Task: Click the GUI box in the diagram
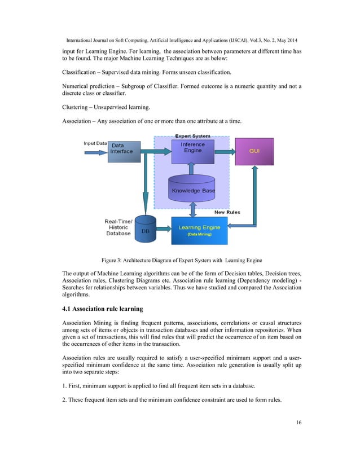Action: tap(254, 152)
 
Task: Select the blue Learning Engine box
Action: tap(199, 230)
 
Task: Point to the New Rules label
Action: tap(227, 212)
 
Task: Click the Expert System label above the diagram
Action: tap(192, 136)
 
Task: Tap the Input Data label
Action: tap(95, 144)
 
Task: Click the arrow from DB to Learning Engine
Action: tap(163, 228)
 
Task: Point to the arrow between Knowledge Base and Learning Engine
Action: tap(193, 210)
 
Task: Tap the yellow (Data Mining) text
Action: tap(199, 234)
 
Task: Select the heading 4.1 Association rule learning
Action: tap(102, 309)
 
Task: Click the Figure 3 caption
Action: tap(181, 260)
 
